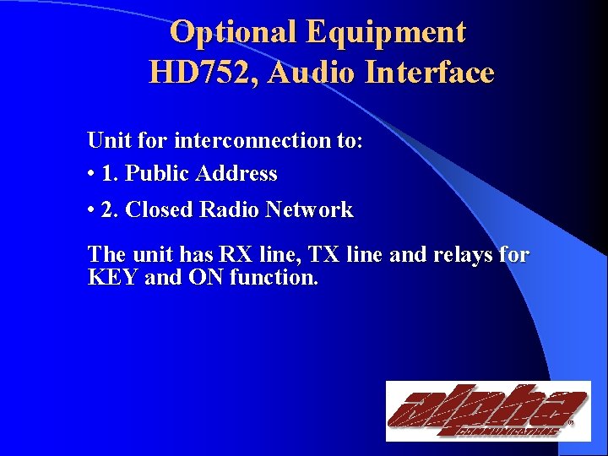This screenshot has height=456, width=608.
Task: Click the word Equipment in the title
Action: click(x=386, y=32)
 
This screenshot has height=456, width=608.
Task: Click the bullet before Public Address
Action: click(x=90, y=175)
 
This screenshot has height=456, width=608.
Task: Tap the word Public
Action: click(x=158, y=175)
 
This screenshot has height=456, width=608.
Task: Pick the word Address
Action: click(x=237, y=175)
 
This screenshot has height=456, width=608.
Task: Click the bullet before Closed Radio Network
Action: click(x=90, y=210)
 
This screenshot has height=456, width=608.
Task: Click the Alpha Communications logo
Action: click(x=488, y=411)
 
